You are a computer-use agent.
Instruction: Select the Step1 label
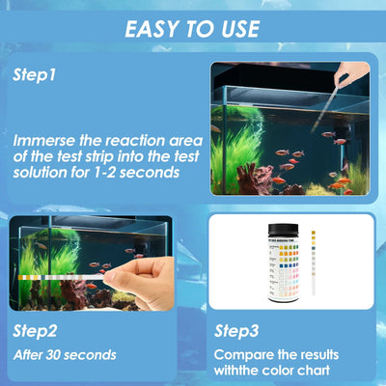point(35,73)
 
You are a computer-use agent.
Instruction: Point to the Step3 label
point(235,330)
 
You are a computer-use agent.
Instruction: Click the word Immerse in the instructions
point(49,139)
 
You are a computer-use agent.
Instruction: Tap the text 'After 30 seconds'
point(65,354)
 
